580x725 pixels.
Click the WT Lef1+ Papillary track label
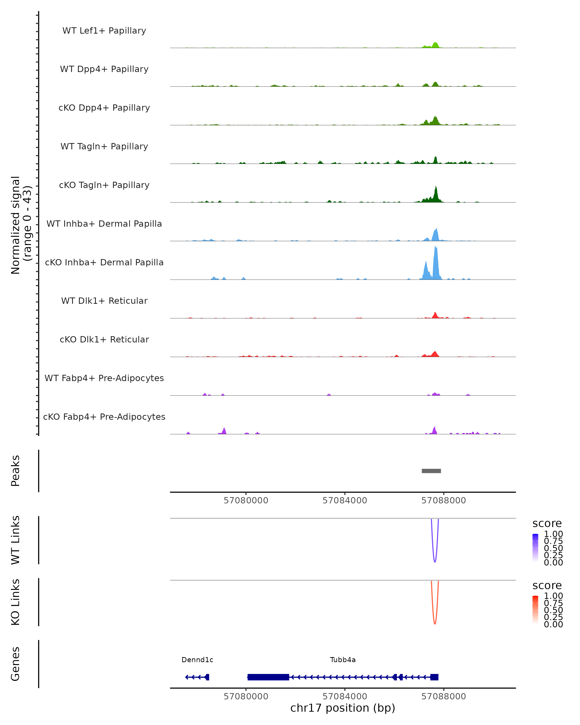pyautogui.click(x=104, y=31)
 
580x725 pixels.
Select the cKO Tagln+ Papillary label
pyautogui.click(x=104, y=185)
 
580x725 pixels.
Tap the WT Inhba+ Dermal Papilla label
pyautogui.click(x=104, y=224)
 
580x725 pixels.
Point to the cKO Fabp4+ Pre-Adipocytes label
pyautogui.click(x=104, y=417)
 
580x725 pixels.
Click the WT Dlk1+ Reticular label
pyautogui.click(x=104, y=301)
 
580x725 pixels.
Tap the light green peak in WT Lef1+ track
pyautogui.click(x=435, y=45)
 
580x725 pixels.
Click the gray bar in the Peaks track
pyautogui.click(x=431, y=471)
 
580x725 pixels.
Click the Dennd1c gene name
pyautogui.click(x=197, y=660)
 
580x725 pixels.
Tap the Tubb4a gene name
pyautogui.click(x=343, y=660)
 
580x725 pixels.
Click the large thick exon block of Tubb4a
pyautogui.click(x=268, y=677)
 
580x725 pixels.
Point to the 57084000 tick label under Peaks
pyautogui.click(x=345, y=500)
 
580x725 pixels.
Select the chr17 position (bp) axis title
pyautogui.click(x=343, y=708)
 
